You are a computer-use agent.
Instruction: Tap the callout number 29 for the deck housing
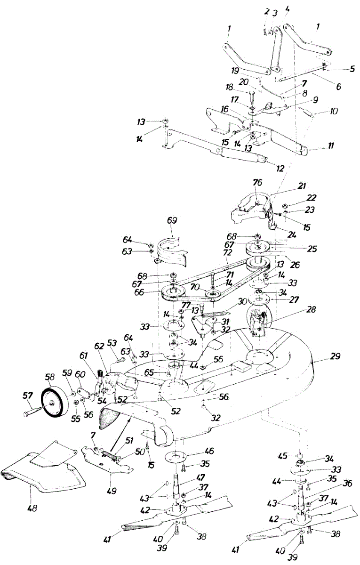[x=335, y=357]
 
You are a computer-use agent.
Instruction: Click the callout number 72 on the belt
[x=227, y=252]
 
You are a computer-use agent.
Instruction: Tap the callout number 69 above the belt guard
[x=172, y=220]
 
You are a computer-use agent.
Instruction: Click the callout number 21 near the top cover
[x=302, y=186]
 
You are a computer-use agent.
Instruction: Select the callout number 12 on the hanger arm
[x=280, y=169]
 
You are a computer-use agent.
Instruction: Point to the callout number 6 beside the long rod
[x=338, y=87]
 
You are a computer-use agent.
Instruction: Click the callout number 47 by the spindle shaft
[x=200, y=477]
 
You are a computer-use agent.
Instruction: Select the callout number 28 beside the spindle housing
[x=312, y=309]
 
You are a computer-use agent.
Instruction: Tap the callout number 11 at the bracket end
[x=331, y=145]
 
